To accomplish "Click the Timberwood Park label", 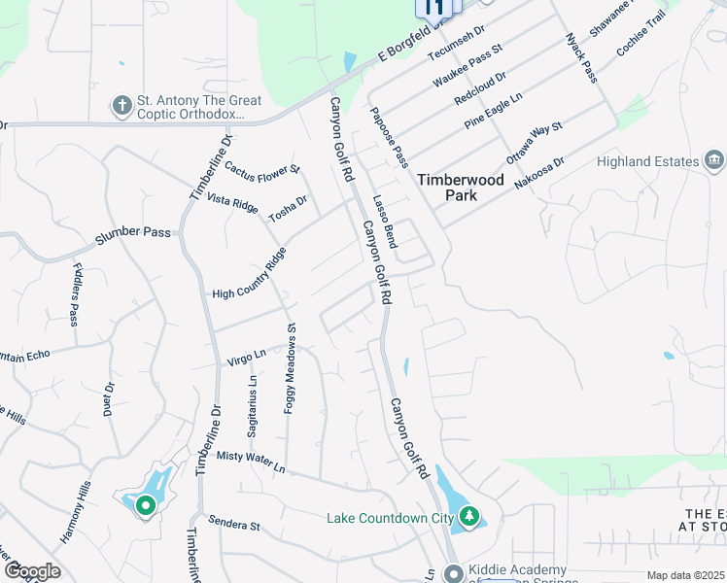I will pyautogui.click(x=447, y=188).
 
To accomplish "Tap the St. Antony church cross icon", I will pyautogui.click(x=122, y=105).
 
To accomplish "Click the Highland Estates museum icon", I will pyautogui.click(x=714, y=160).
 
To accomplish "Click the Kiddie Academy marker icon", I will pyautogui.click(x=453, y=573).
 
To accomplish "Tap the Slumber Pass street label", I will pyautogui.click(x=132, y=233).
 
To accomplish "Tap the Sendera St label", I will pyautogui.click(x=234, y=526).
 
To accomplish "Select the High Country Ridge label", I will pyautogui.click(x=250, y=275).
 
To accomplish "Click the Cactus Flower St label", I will pyautogui.click(x=262, y=171).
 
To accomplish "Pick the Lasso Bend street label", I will pyautogui.click(x=385, y=220).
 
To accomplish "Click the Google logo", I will pyautogui.click(x=32, y=571).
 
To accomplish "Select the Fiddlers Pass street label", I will pyautogui.click(x=74, y=294).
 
